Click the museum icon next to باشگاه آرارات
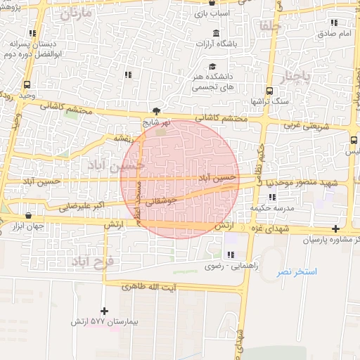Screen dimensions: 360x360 215,34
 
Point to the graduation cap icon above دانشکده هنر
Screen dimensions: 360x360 212,67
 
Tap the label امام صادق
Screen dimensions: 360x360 335,33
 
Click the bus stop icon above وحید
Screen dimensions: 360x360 27,84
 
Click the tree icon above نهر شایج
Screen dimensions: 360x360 156,111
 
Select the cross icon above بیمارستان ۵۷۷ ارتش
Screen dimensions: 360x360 105,310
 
